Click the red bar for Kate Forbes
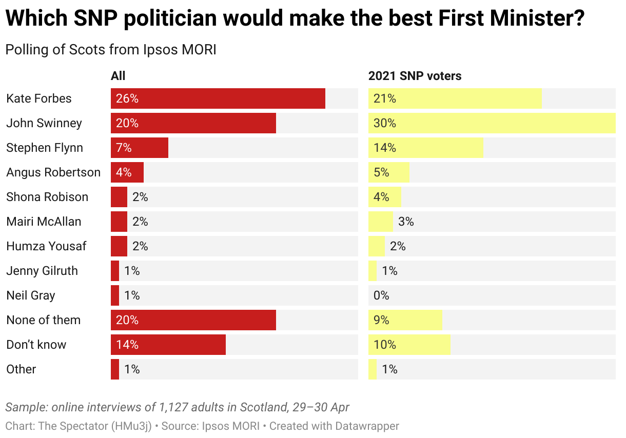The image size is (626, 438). pyautogui.click(x=218, y=98)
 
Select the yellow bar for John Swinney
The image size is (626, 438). pyautogui.click(x=492, y=123)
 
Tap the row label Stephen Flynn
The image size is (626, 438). pyautogui.click(x=45, y=148)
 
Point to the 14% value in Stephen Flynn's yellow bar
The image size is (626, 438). pyautogui.click(x=385, y=148)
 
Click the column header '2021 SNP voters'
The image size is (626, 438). pyautogui.click(x=415, y=76)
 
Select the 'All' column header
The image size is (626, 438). pyautogui.click(x=118, y=76)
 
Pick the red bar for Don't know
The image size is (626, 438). pyautogui.click(x=168, y=345)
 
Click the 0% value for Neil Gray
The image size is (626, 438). pyautogui.click(x=381, y=295)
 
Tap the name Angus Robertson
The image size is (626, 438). pyautogui.click(x=53, y=172)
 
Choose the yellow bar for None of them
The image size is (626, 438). pyautogui.click(x=405, y=320)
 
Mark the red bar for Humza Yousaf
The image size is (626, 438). pyautogui.click(x=119, y=246)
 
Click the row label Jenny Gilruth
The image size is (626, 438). pyautogui.click(x=42, y=271)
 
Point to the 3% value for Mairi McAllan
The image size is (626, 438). pyautogui.click(x=406, y=222)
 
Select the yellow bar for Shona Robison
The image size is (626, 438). pyautogui.click(x=385, y=197)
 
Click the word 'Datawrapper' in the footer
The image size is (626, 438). pyautogui.click(x=367, y=426)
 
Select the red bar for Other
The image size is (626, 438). pyautogui.click(x=115, y=369)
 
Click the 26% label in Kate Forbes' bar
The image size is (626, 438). pyautogui.click(x=127, y=98)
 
